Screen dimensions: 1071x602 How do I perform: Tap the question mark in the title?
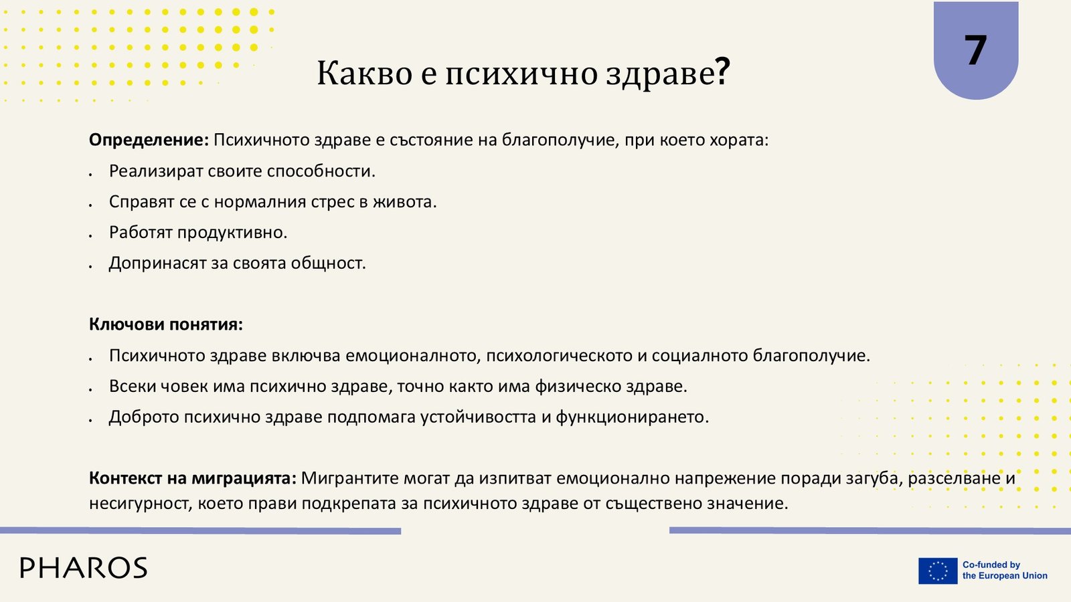point(722,72)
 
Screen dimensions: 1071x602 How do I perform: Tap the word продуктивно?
point(232,233)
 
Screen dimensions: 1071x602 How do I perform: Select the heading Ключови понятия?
point(166,324)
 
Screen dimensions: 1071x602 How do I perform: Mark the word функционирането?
point(632,417)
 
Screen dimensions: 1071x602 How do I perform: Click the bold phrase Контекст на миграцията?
point(193,478)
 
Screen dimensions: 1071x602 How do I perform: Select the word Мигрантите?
point(350,478)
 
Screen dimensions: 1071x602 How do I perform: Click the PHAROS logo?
point(84,568)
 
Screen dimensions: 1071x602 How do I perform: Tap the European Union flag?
point(938,571)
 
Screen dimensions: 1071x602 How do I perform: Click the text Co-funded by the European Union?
point(1005,571)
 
